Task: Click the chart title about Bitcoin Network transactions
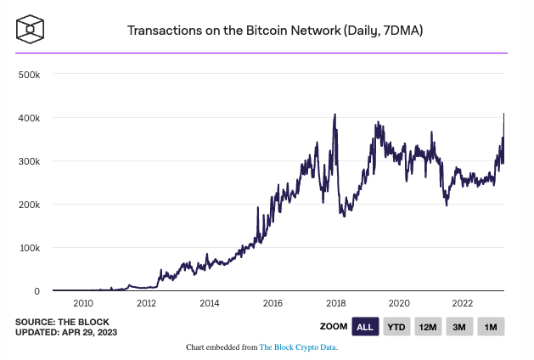click(275, 31)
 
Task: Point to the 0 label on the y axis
click(37, 291)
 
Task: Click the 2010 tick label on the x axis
click(83, 303)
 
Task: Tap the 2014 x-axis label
click(210, 303)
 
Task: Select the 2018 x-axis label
click(336, 303)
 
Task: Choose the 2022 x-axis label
click(463, 303)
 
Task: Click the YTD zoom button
click(396, 327)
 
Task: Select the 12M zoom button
click(428, 327)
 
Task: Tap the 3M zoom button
click(459, 327)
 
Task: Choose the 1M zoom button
click(491, 327)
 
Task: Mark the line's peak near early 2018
click(335, 115)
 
